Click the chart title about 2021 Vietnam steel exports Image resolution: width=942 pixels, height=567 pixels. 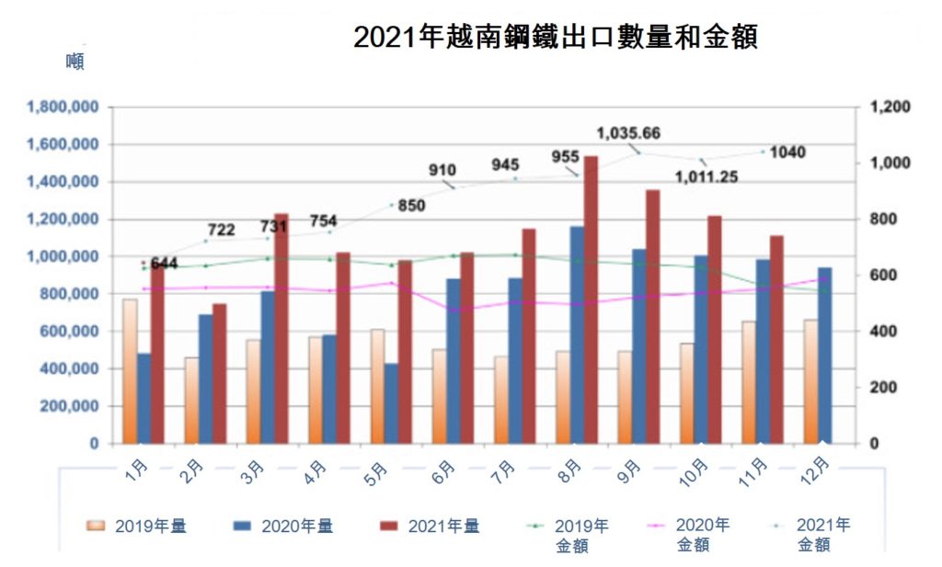pos(555,37)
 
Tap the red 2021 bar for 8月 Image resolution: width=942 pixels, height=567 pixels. pos(591,300)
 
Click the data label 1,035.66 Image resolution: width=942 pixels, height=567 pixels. pos(628,133)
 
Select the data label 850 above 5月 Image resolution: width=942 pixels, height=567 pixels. pos(411,206)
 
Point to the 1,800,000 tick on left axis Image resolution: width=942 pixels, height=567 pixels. pos(64,108)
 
